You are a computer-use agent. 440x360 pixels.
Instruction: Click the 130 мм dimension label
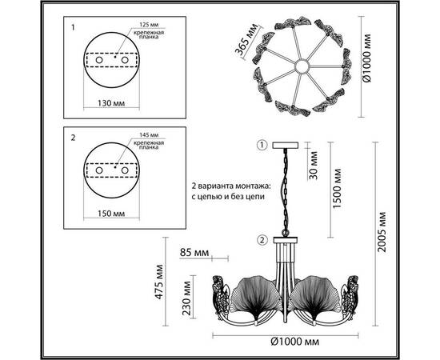(111, 103)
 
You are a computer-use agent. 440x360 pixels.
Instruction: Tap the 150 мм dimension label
(111, 214)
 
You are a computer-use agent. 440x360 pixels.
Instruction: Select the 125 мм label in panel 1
(149, 25)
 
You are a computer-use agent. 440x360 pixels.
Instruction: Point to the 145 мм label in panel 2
(149, 135)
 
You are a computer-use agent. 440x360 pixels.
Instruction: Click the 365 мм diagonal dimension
(246, 39)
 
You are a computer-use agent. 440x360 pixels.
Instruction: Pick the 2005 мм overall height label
(382, 232)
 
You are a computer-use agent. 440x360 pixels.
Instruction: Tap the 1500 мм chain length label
(337, 189)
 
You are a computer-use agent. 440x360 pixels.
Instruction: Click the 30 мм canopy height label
(314, 166)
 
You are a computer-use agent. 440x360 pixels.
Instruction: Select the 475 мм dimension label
(159, 282)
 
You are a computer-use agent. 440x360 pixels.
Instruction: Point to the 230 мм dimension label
(186, 298)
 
